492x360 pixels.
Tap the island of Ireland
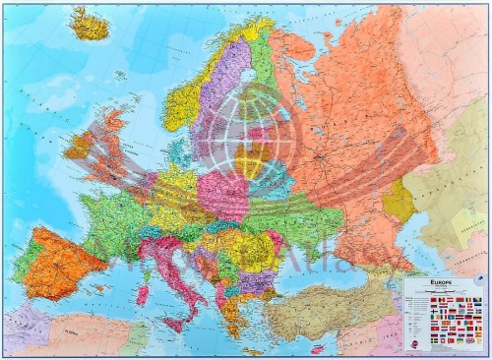tap(82, 147)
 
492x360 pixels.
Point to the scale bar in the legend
tap(444, 296)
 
